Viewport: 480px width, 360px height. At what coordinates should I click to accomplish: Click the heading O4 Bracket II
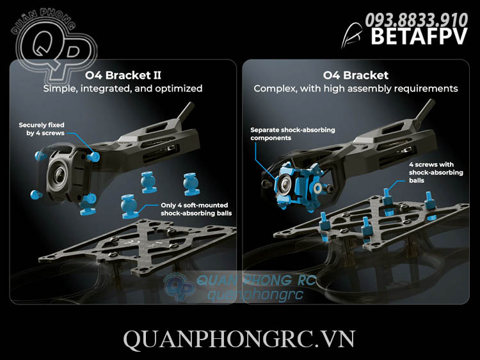click(x=122, y=75)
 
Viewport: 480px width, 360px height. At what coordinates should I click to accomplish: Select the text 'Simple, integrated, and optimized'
click(x=122, y=88)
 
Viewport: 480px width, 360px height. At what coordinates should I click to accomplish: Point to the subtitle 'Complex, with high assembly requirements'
click(x=356, y=88)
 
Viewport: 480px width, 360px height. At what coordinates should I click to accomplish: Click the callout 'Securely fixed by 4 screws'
click(x=42, y=129)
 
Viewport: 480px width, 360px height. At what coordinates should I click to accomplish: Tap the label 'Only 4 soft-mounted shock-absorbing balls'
click(x=196, y=209)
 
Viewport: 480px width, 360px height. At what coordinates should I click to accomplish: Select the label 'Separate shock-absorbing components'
click(x=284, y=134)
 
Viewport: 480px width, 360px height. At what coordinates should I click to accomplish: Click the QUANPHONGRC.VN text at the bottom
click(x=239, y=339)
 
